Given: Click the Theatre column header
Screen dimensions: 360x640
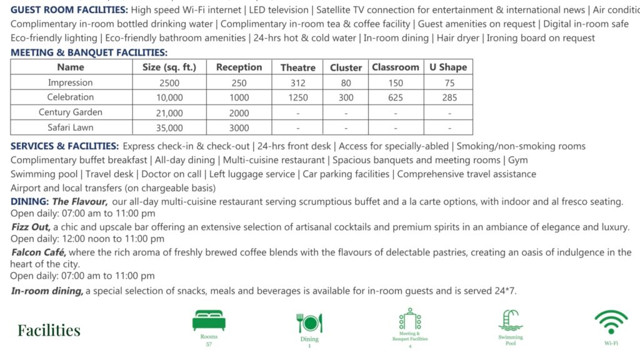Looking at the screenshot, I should click(297, 67).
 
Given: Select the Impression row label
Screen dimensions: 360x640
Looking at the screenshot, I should click(70, 82).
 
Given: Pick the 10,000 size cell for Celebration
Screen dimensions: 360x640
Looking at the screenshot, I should click(169, 97).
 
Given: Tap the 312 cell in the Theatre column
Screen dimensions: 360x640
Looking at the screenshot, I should click(298, 82).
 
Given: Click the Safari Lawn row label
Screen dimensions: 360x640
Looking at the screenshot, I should click(70, 127).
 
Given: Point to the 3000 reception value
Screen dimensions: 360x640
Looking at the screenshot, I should click(239, 127).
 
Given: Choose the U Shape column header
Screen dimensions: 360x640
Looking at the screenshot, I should click(448, 67).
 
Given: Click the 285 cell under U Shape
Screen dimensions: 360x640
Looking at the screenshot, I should click(449, 97).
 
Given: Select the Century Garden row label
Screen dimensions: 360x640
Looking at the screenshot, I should click(70, 112).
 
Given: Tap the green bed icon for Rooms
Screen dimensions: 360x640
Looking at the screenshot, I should click(209, 320).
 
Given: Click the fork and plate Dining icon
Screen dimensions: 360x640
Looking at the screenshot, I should click(309, 322).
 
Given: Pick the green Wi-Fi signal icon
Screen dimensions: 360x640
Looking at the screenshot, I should click(611, 322).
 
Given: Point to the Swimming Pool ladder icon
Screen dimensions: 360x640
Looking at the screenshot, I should click(510, 320).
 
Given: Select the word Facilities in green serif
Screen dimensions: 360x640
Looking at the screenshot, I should click(49, 330).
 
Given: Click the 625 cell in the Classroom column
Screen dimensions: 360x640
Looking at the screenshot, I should click(395, 97).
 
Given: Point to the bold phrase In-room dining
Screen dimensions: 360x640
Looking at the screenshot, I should click(47, 291).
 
